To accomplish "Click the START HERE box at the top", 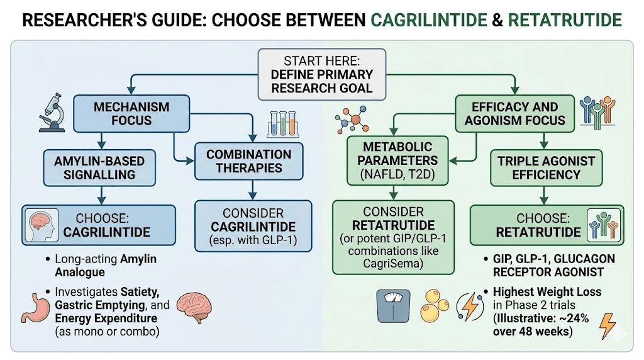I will coord(321,74).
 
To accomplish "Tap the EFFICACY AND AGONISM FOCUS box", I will coord(514,113).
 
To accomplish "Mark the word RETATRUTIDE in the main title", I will coord(565,20).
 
